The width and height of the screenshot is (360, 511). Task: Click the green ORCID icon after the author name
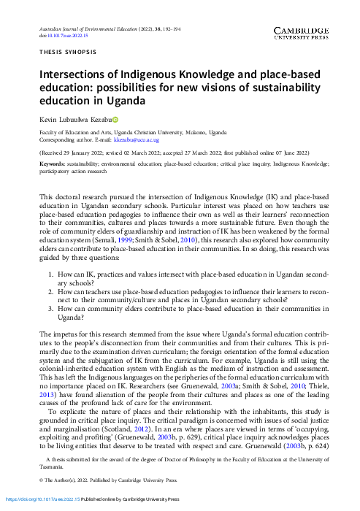(114, 118)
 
